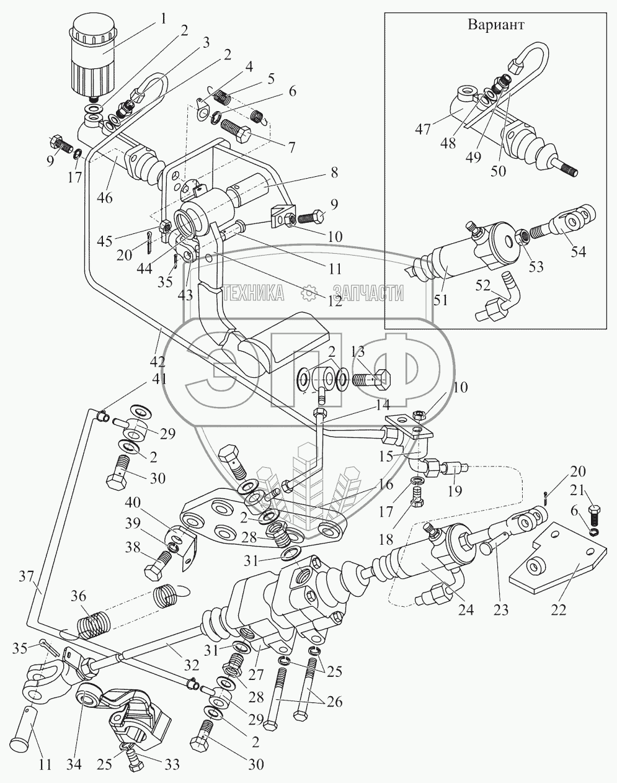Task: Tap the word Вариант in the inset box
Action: coord(496,25)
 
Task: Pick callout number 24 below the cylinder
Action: coord(465,609)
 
